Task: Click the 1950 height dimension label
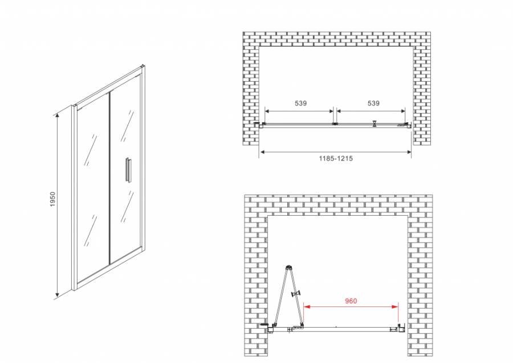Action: click(52, 199)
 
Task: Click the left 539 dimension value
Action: click(300, 103)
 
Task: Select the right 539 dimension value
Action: click(373, 103)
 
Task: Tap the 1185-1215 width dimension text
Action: click(336, 159)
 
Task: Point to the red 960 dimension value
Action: click(351, 301)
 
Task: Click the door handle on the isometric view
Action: click(128, 169)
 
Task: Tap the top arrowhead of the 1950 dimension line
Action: click(57, 114)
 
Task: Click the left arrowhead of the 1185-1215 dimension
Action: click(262, 152)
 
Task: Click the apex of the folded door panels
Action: click(288, 267)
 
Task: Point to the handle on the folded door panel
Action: click(297, 293)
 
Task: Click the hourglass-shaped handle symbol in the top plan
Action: click(374, 123)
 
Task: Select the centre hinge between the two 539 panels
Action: click(335, 124)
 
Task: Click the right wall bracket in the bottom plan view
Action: click(402, 327)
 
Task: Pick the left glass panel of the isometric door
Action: click(92, 190)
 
